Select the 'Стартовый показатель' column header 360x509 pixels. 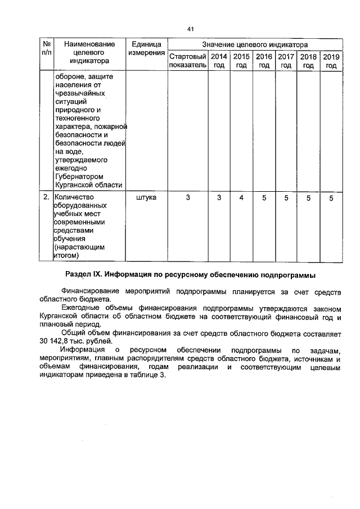188,61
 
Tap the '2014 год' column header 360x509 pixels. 219,61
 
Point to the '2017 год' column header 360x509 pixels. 286,61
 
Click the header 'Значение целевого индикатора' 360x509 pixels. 255,44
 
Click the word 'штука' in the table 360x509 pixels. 146,198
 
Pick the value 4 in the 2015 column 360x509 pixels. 241,198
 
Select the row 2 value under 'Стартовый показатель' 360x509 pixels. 188,198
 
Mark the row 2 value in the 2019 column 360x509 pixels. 331,198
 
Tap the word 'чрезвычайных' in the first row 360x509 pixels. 78,94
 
